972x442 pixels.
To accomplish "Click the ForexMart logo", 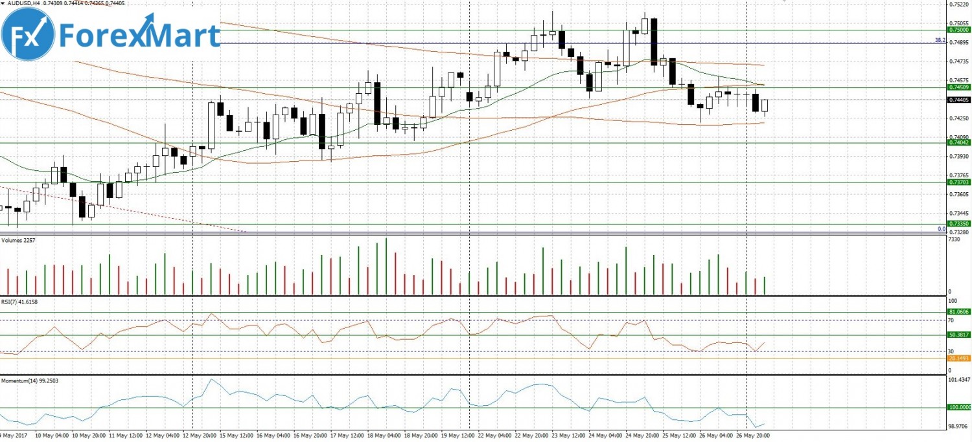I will coord(111,36).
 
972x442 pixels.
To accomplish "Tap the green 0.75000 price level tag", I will coord(958,30).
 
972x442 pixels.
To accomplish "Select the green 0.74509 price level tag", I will coord(958,87).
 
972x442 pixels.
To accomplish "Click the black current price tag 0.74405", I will coord(958,100).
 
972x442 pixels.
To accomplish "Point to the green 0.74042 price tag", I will coord(958,143).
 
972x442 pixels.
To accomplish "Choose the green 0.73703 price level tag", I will coord(958,182).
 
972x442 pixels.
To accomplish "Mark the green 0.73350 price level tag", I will coord(958,224).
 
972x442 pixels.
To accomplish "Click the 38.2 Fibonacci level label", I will coord(939,40).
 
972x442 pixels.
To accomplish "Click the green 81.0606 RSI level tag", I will coord(958,312).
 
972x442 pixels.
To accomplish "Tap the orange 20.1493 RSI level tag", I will coord(958,358).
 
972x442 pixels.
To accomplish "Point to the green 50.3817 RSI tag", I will coord(958,335).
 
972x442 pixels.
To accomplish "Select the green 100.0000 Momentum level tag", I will coord(959,408).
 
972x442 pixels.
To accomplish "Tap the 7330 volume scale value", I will coord(953,239).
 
